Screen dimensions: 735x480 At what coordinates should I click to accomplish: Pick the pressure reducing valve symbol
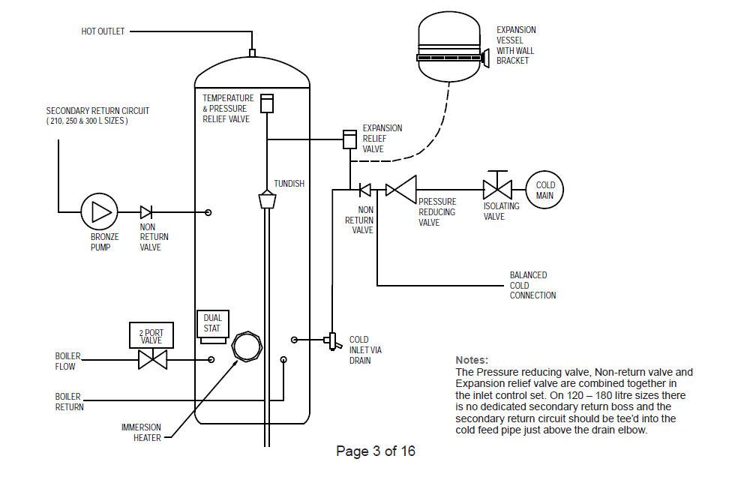pyautogui.click(x=400, y=190)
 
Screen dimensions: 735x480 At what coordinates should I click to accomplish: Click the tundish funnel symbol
pyautogui.click(x=267, y=199)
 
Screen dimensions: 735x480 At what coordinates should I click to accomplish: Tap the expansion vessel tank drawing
pyautogui.click(x=449, y=46)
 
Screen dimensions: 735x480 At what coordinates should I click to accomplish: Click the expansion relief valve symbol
pyautogui.click(x=349, y=139)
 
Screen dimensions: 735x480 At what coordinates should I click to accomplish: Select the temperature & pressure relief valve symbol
pyautogui.click(x=267, y=103)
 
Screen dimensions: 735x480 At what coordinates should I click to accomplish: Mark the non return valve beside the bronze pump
pyautogui.click(x=145, y=212)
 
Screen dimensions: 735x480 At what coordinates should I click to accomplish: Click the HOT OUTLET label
pyautogui.click(x=103, y=31)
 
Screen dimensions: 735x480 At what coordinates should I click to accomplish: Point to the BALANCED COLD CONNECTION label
pyautogui.click(x=533, y=285)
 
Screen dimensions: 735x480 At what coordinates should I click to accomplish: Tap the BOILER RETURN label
pyautogui.click(x=69, y=402)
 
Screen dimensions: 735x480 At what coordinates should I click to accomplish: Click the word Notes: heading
pyautogui.click(x=472, y=360)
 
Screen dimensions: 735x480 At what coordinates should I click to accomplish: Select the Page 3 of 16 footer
pyautogui.click(x=376, y=451)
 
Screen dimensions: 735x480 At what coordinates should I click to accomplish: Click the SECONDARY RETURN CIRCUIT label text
pyautogui.click(x=97, y=111)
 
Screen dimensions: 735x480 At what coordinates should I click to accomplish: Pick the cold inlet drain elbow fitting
pyautogui.click(x=331, y=340)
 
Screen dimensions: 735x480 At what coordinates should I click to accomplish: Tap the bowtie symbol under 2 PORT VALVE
pyautogui.click(x=152, y=360)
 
